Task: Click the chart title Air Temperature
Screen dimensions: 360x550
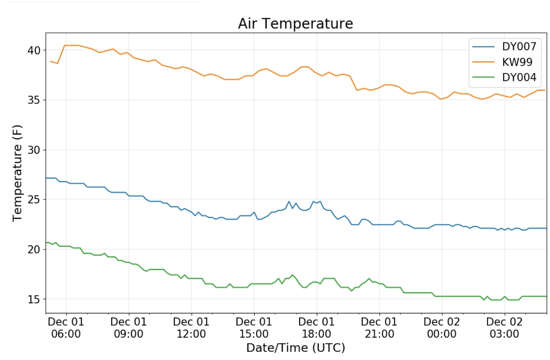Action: [295, 24]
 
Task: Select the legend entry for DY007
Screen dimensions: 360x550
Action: [519, 47]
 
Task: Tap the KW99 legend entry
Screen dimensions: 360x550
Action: [517, 62]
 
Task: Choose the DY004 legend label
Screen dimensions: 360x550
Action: [519, 77]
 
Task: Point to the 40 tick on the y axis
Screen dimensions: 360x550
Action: [34, 50]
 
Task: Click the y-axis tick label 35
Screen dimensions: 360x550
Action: [34, 100]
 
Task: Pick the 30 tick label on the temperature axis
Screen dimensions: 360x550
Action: [34, 150]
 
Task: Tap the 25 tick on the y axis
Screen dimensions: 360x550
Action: [34, 199]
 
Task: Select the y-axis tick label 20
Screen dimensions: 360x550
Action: [34, 250]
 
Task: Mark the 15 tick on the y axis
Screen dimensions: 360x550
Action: [34, 299]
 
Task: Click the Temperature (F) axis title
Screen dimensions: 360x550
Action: [17, 173]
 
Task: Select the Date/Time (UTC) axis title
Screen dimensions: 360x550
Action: [295, 348]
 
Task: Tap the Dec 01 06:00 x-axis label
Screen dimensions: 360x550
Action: [66, 328]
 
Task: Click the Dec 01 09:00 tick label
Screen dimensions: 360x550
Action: [128, 328]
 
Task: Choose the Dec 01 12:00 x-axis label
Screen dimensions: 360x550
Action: [191, 328]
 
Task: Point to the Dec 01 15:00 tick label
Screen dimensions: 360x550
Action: [254, 328]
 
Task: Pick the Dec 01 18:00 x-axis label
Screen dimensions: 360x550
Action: [316, 328]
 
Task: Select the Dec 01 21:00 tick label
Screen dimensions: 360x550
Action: [379, 328]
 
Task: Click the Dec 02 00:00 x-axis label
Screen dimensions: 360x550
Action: [442, 328]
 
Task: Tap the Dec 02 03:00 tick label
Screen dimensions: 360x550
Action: [504, 328]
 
